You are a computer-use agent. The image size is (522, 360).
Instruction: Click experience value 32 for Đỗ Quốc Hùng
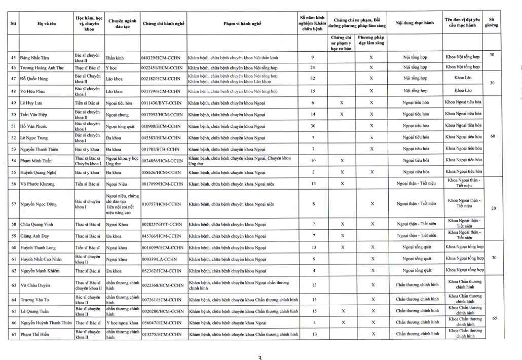tap(312, 79)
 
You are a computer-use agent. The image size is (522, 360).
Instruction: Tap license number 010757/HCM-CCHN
tap(161, 204)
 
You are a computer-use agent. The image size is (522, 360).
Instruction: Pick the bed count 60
tap(493, 136)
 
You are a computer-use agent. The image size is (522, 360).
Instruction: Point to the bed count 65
tap(494, 318)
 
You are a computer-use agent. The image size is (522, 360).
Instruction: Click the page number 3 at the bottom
tap(260, 357)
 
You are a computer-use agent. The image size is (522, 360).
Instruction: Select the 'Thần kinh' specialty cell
tap(115, 58)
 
